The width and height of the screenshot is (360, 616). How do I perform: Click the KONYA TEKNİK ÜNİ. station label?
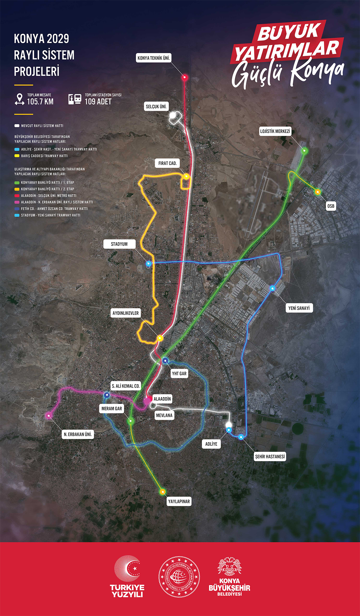(154, 58)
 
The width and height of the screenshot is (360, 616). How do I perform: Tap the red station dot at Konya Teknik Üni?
(185, 77)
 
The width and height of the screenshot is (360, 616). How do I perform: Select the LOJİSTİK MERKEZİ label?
(275, 131)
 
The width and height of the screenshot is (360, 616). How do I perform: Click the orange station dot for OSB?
(317, 192)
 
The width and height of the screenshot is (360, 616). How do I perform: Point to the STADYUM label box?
(119, 244)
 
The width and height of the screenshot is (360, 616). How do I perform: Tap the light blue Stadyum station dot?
(148, 264)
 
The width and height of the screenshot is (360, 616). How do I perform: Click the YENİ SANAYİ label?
(299, 308)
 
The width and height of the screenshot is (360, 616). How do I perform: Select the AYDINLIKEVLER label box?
(126, 313)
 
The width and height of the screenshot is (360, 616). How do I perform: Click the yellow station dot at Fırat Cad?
(186, 177)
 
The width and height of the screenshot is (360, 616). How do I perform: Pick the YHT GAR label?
(179, 373)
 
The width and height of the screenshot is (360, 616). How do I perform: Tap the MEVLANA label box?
(164, 415)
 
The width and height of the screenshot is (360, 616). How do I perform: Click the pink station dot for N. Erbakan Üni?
(49, 416)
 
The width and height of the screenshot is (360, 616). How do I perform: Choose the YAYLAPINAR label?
(179, 501)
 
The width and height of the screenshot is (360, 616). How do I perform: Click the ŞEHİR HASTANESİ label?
(270, 457)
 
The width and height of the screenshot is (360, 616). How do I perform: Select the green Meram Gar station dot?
(130, 421)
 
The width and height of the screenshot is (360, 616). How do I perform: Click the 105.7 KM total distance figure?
(40, 102)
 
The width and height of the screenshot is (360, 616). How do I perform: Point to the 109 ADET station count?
(98, 102)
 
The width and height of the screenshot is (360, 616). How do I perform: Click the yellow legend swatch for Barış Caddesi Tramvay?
(17, 156)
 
